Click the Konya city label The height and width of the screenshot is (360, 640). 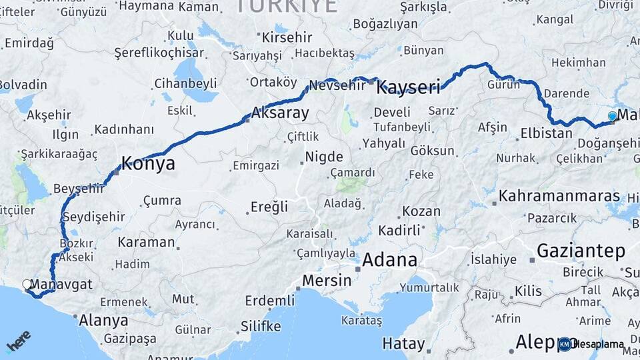(148, 163)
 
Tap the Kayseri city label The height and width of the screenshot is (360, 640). (409, 87)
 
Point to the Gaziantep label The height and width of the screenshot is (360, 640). (581, 251)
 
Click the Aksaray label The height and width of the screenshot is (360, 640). (280, 113)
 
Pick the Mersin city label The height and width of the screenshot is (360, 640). (327, 281)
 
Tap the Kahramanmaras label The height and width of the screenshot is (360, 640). (549, 197)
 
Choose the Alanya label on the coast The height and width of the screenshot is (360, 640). (103, 320)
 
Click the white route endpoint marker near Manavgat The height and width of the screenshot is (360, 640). (27, 285)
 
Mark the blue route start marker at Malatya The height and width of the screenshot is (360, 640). (612, 117)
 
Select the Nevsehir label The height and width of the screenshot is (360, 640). (337, 85)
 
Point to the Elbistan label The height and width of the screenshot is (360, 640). (546, 133)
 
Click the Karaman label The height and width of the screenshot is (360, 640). (146, 241)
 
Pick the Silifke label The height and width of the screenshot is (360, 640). (261, 326)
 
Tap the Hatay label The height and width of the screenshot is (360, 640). (403, 344)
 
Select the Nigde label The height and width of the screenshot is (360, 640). (324, 157)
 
